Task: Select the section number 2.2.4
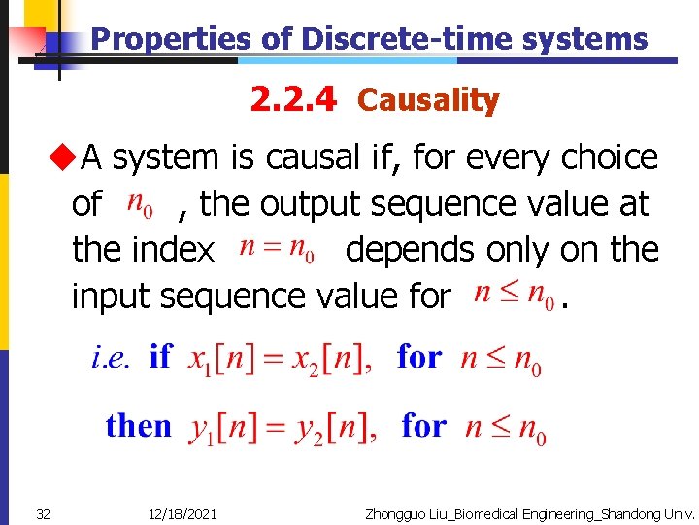tap(293, 98)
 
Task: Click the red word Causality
tap(428, 100)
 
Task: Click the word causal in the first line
tap(323, 157)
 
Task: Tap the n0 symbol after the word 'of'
tap(141, 205)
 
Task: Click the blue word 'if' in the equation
tap(160, 357)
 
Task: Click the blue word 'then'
tap(139, 426)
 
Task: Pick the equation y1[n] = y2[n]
tap(283, 429)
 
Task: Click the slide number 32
tap(43, 513)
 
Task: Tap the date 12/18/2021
tap(184, 513)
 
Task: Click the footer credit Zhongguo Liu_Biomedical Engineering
tap(529, 513)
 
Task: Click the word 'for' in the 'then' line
tap(424, 426)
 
